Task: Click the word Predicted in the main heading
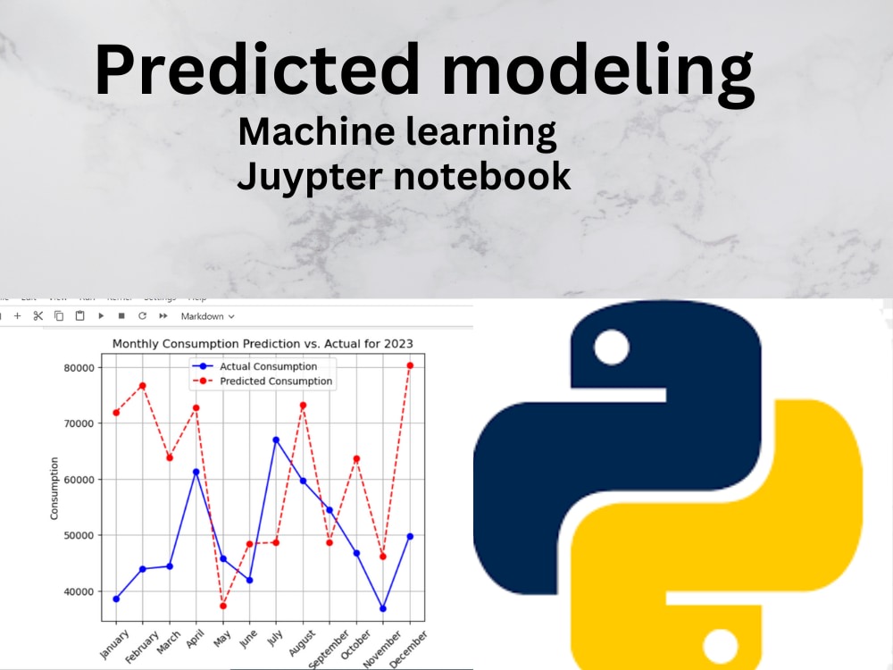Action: (x=257, y=71)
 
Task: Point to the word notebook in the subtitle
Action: (x=482, y=176)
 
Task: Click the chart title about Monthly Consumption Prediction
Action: (x=263, y=344)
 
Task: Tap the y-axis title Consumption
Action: (x=54, y=489)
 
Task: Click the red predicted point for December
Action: (x=410, y=365)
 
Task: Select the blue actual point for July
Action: (x=276, y=440)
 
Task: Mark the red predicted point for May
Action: (x=223, y=606)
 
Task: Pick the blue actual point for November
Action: (x=383, y=608)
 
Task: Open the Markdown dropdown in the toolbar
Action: (x=207, y=316)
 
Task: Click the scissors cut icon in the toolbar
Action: (x=38, y=316)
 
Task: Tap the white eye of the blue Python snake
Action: (x=611, y=347)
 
